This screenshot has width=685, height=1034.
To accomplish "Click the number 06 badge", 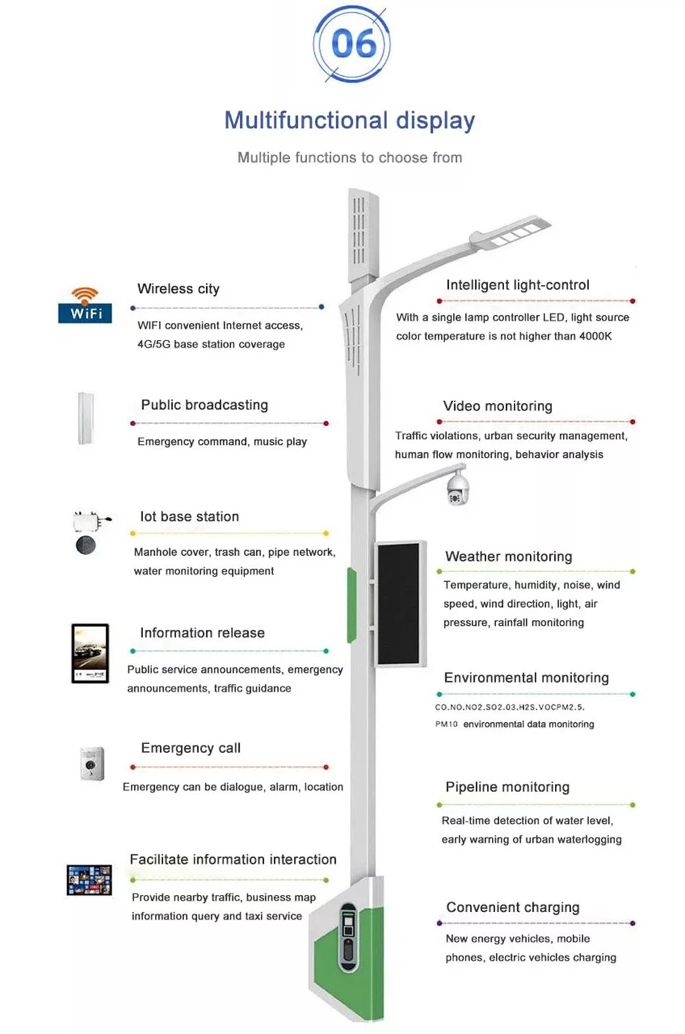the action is click(x=351, y=44).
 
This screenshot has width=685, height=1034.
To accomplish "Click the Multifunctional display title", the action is click(x=349, y=121).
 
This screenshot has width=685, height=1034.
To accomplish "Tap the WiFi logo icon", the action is click(x=85, y=305).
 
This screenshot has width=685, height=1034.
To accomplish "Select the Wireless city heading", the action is click(x=178, y=288).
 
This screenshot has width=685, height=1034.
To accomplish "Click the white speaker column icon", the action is click(x=86, y=418).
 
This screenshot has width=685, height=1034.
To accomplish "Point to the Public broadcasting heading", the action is click(x=205, y=405).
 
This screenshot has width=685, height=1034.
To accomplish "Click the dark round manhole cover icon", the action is click(x=86, y=545).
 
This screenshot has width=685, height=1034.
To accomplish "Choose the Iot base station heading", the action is click(x=190, y=517).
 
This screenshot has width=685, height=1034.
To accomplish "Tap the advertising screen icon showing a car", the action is click(x=90, y=653).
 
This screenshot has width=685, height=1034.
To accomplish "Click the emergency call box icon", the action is click(x=92, y=763).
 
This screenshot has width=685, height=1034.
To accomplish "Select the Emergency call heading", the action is click(x=190, y=748).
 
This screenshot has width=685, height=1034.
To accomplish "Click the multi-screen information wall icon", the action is click(x=89, y=880).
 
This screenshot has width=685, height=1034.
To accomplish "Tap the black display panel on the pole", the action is click(x=399, y=604).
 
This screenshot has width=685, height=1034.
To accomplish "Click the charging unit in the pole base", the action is click(x=349, y=937).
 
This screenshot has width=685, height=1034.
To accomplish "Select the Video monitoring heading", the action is click(x=497, y=406).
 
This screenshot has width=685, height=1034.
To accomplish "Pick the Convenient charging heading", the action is click(x=513, y=907).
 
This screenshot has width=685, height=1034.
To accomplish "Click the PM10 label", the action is click(x=447, y=724).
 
